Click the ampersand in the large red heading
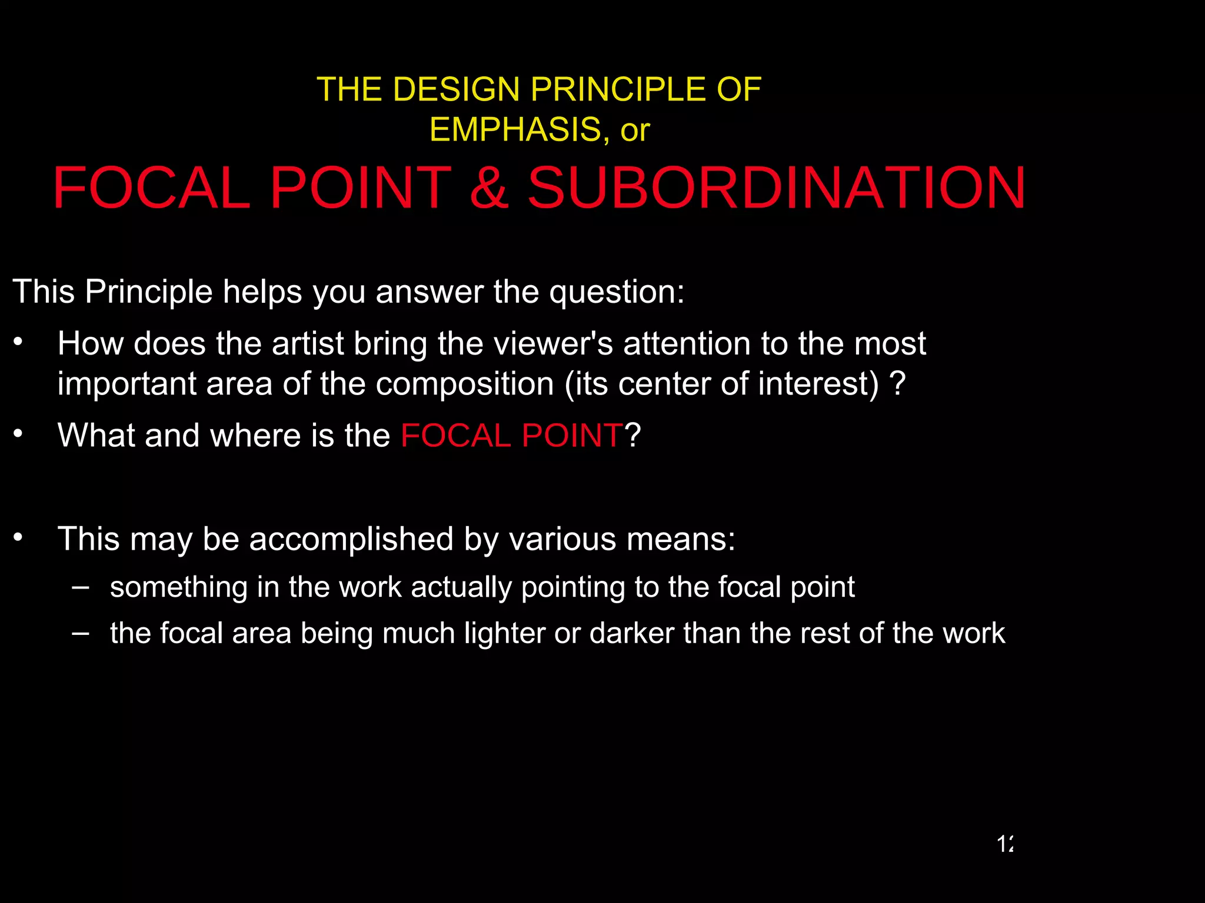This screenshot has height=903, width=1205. click(489, 188)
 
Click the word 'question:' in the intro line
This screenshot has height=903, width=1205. click(617, 292)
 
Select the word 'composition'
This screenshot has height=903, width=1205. click(465, 384)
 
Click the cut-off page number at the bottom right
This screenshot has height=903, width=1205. click(1005, 844)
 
